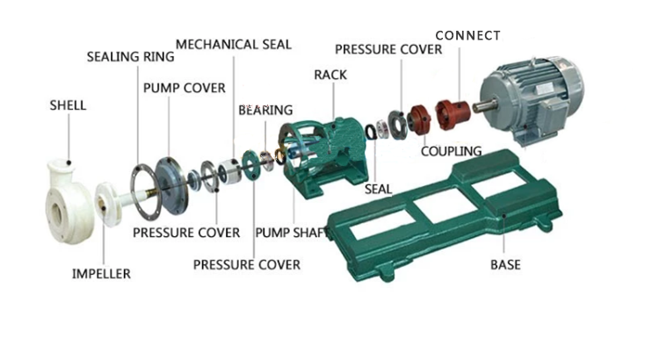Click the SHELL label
(x=68, y=105)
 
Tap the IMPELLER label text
(x=101, y=274)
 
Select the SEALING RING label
(x=130, y=57)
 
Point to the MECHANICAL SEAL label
(x=233, y=45)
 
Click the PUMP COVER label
(x=185, y=88)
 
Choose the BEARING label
(x=265, y=110)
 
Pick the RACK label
(x=330, y=75)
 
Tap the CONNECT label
(x=467, y=36)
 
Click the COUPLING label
(x=451, y=151)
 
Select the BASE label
(x=505, y=264)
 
